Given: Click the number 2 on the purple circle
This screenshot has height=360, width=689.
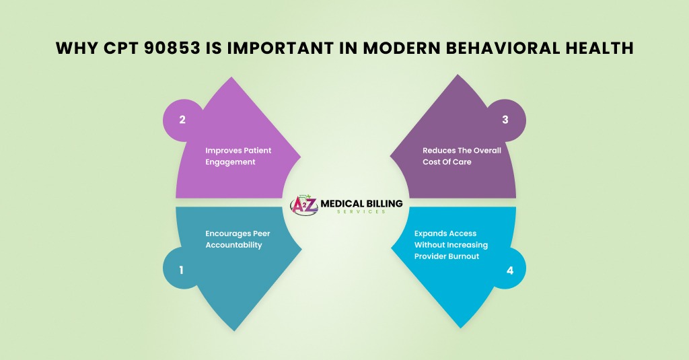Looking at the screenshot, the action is [x=182, y=120].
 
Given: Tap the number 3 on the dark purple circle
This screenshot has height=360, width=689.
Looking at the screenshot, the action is [x=505, y=120].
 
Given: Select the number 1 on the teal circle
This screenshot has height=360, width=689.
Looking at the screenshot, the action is [x=181, y=270].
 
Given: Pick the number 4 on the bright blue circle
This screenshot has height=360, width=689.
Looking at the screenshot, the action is [x=510, y=271].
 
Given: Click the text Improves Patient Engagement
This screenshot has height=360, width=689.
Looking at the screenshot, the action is [x=238, y=156].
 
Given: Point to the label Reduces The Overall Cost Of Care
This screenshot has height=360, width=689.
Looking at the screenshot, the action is [x=462, y=156].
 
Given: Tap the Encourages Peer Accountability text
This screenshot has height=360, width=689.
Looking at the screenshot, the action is [x=238, y=239].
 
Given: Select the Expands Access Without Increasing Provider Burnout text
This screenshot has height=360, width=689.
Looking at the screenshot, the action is [x=451, y=245].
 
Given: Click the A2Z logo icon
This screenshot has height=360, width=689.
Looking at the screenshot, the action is [x=303, y=205].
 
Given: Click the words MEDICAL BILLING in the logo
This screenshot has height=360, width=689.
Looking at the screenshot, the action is [x=361, y=203].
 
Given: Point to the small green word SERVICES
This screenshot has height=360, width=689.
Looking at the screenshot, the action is [x=361, y=212].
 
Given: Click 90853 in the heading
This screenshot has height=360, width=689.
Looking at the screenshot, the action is [x=172, y=48].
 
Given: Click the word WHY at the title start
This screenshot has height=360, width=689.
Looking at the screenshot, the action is [x=77, y=48].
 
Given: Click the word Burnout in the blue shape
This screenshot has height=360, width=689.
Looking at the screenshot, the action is [x=463, y=256].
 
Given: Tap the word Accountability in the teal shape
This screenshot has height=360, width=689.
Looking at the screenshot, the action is [x=233, y=245].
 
